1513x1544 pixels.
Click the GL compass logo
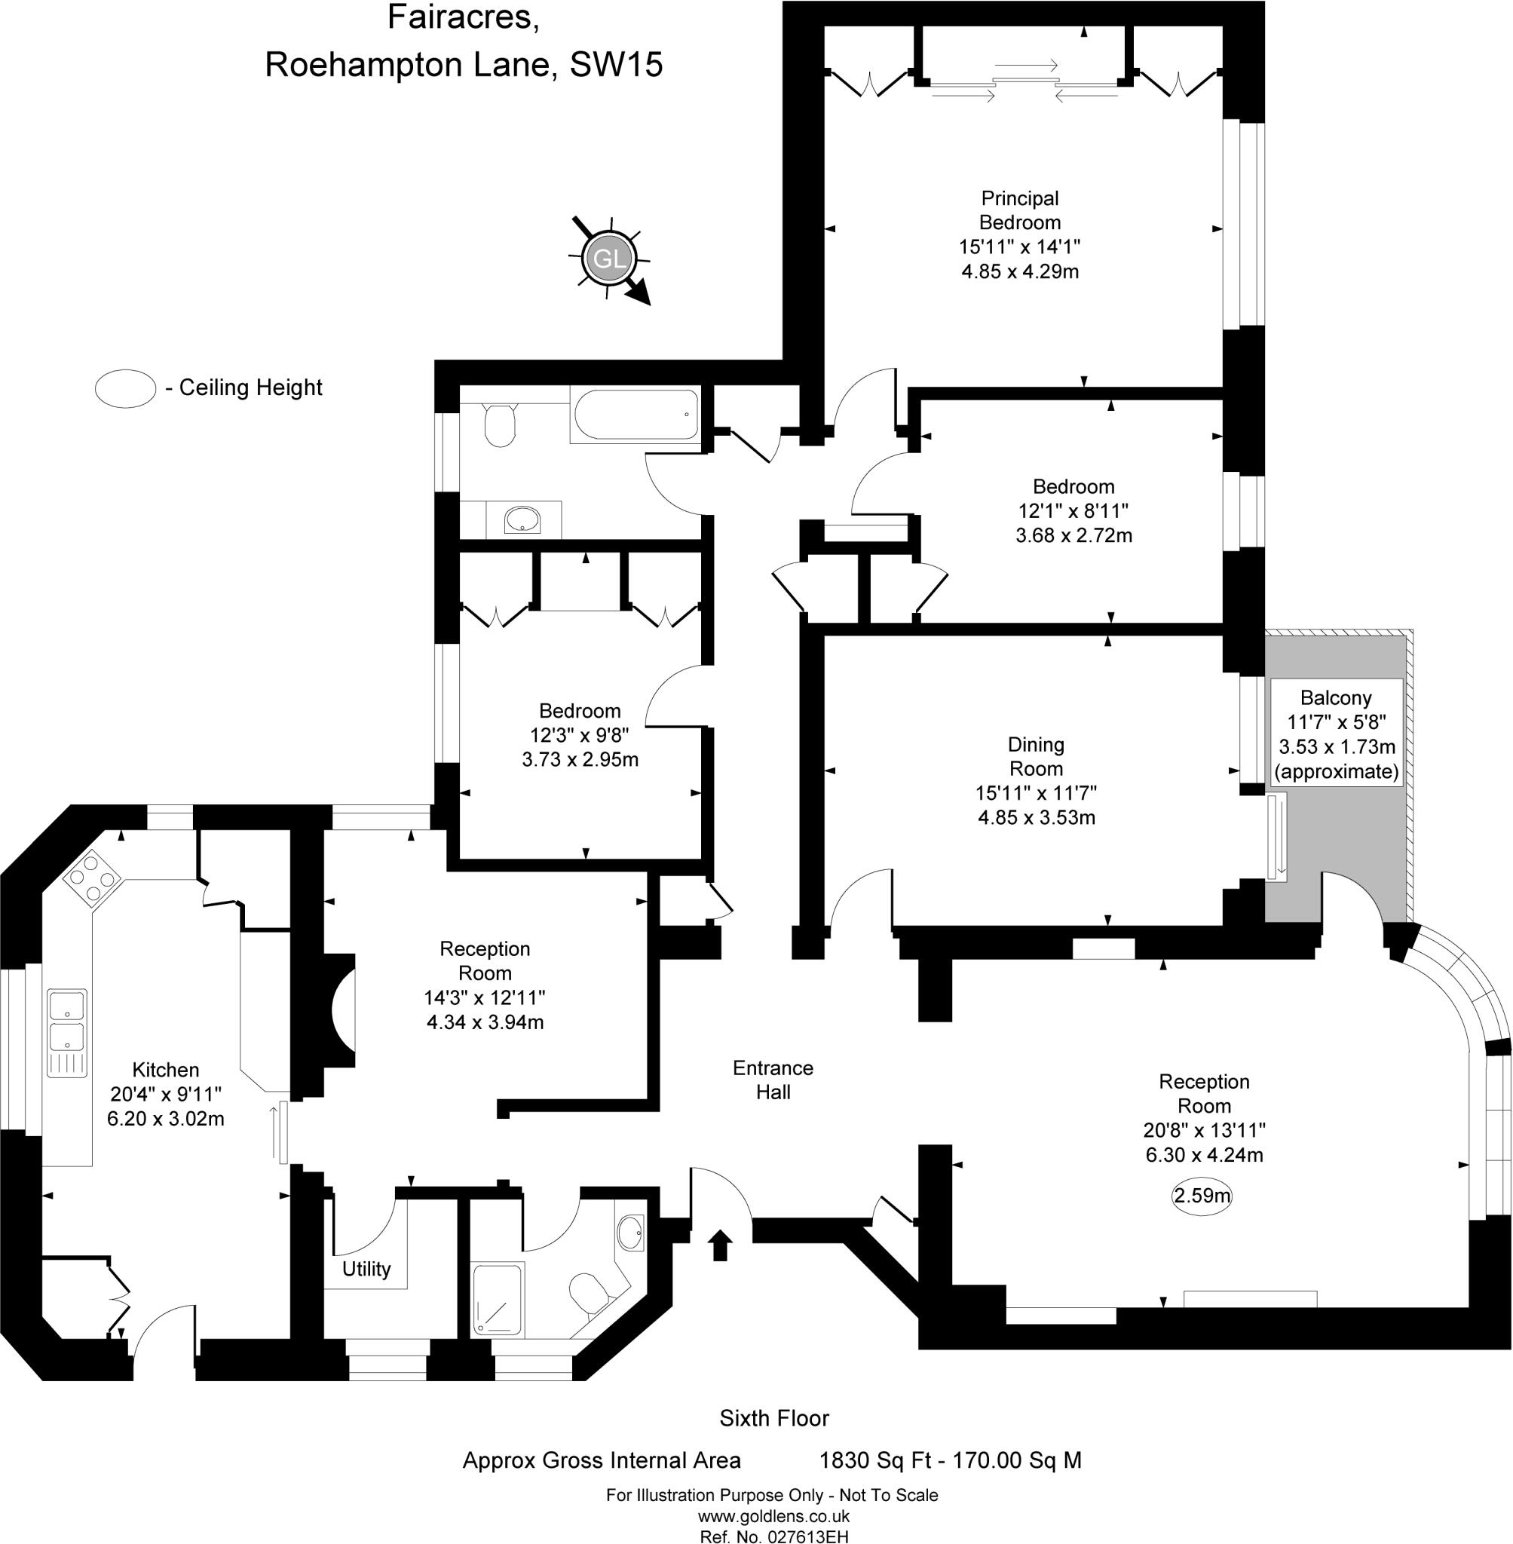(x=609, y=259)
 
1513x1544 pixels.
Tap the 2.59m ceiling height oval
(x=1202, y=1195)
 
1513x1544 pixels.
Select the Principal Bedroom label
(x=1019, y=210)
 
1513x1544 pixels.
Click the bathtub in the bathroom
(x=634, y=415)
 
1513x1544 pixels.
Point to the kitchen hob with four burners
(x=92, y=878)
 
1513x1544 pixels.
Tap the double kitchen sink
(x=67, y=1032)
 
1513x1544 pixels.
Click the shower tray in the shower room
(x=498, y=1299)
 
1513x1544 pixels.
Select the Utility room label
(x=366, y=1268)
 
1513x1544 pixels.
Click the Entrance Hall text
(x=773, y=1079)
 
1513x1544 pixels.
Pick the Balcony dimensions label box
(x=1336, y=734)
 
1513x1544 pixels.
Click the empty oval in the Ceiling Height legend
(x=124, y=388)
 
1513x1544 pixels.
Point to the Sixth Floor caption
(x=773, y=1417)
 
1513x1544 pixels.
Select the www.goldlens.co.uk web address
(x=773, y=1516)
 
